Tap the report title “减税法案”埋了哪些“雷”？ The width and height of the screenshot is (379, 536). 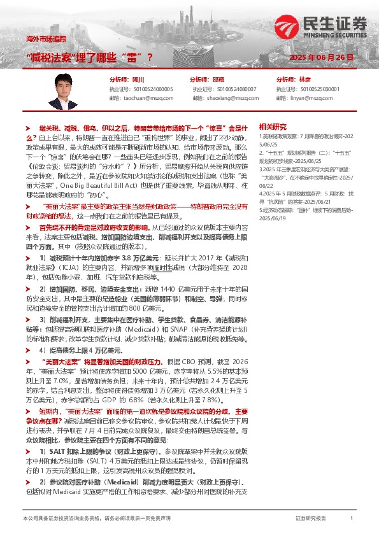91,57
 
